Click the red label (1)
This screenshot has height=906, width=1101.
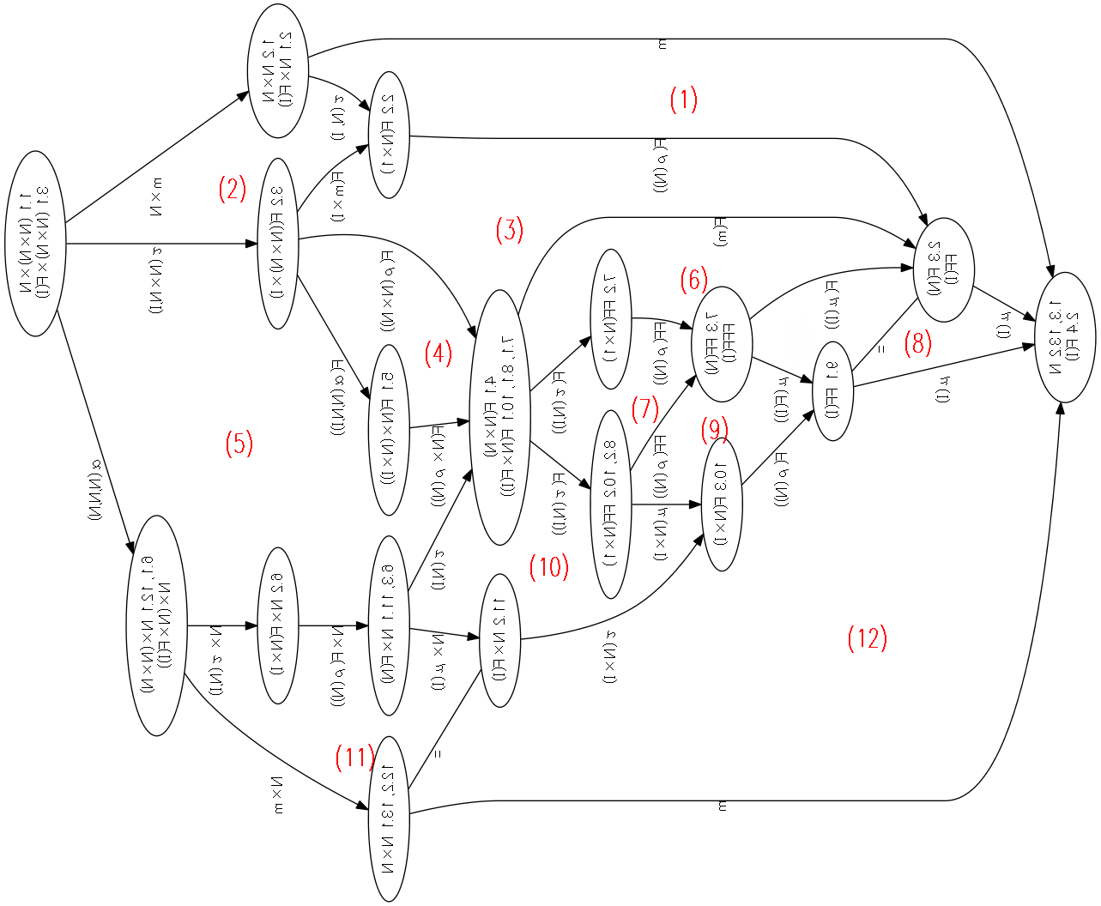click(x=683, y=100)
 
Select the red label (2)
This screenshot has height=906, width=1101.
click(x=232, y=189)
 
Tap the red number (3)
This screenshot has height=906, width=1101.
click(x=509, y=230)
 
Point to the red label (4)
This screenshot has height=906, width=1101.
click(x=438, y=353)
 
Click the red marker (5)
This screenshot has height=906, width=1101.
click(x=239, y=444)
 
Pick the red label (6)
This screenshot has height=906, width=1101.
click(x=693, y=280)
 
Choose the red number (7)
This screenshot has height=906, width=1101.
click(x=644, y=408)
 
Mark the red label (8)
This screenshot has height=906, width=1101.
click(x=917, y=343)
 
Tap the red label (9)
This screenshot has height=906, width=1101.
click(x=714, y=429)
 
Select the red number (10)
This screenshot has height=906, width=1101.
click(x=549, y=566)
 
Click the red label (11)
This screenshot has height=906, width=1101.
click(x=354, y=757)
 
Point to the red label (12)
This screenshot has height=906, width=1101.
click(x=867, y=638)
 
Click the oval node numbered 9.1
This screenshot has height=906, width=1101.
click(x=832, y=390)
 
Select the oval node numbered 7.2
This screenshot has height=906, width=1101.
click(x=611, y=318)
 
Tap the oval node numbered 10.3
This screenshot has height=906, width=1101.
click(x=722, y=504)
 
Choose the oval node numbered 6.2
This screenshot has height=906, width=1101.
click(x=277, y=625)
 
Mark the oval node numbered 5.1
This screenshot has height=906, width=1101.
click(x=388, y=430)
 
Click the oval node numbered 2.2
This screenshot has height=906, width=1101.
click(x=388, y=135)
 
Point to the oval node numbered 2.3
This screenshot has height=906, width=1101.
click(x=944, y=269)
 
